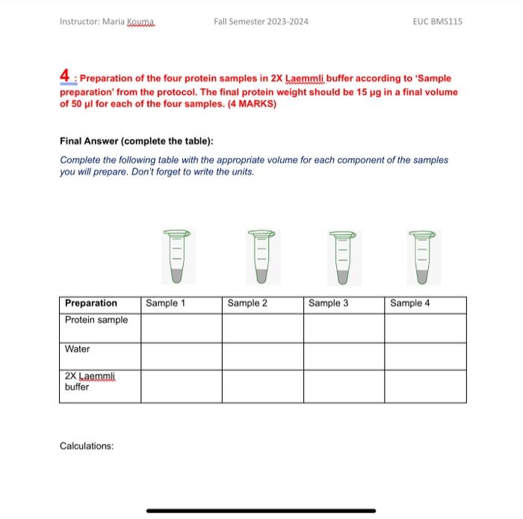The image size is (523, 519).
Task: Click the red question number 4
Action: tap(66, 76)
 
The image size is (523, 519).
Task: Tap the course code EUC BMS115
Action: tap(437, 21)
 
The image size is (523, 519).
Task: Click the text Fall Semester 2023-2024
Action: tap(261, 21)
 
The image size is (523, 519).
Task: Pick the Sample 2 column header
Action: tap(247, 303)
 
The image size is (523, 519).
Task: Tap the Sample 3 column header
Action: tap(328, 303)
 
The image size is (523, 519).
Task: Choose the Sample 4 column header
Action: tap(410, 303)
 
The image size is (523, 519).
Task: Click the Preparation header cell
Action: tap(91, 303)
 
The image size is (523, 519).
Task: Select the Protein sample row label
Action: tap(96, 320)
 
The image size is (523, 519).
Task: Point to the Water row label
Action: tap(77, 349)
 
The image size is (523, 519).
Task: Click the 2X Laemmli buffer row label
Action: tap(88, 381)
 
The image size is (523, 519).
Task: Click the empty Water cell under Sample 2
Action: tap(262, 356)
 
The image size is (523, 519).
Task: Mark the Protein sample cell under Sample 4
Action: tap(425, 327)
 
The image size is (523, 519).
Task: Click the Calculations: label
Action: tap(87, 446)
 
